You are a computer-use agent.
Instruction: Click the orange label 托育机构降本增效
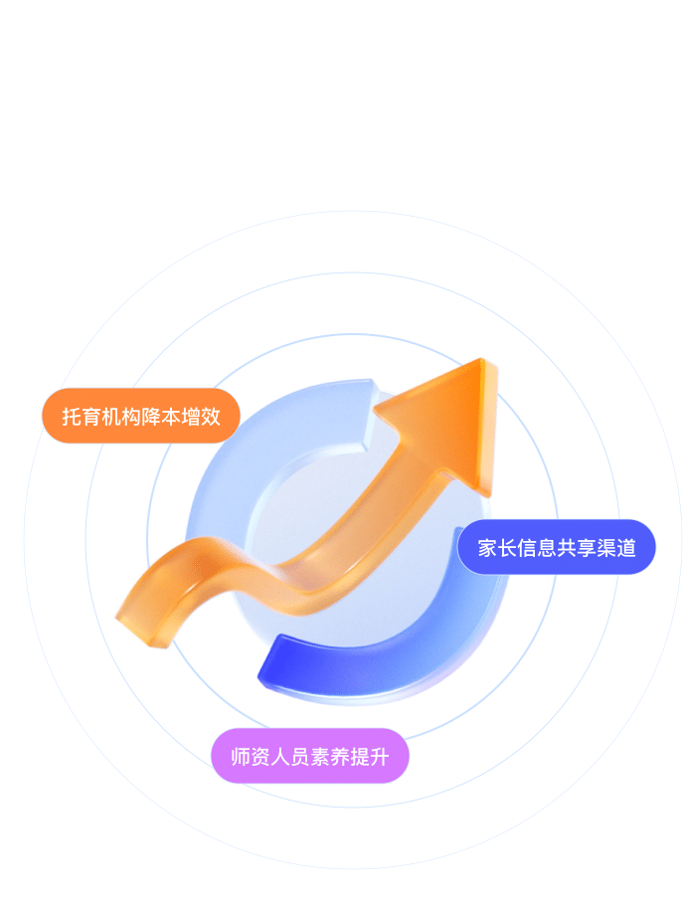141,416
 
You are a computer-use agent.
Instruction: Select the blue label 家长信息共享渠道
556,547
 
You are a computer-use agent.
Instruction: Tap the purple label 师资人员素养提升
309,756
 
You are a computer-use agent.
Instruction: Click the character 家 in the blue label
487,548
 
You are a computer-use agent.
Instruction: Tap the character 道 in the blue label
626,548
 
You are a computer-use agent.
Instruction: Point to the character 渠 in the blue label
606,548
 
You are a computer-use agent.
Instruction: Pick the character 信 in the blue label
527,548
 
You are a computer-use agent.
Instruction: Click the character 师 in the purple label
240,757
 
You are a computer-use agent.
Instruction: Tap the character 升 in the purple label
379,757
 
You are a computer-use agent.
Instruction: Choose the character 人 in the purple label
279,757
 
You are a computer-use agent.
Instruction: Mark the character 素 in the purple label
319,757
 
